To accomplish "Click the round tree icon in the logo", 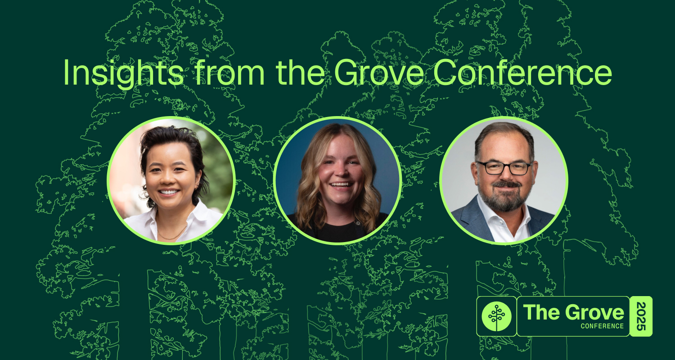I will coord(496,316).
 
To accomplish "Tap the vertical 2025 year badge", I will coord(641,316).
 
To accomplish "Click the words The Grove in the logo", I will coord(573,312).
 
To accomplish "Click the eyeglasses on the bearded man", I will coord(504,168).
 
